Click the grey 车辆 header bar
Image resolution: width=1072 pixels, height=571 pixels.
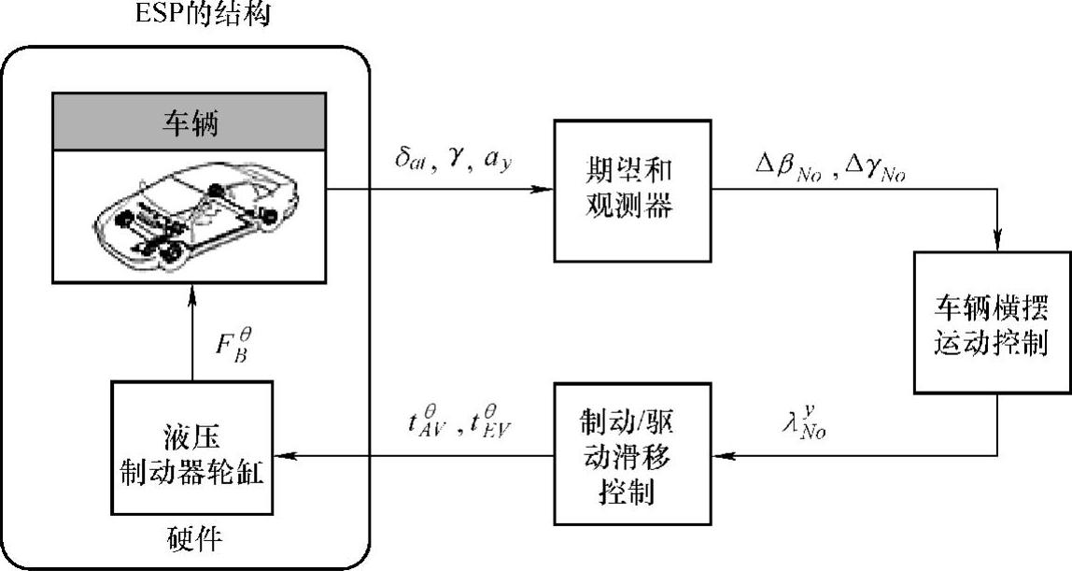[x=191, y=122]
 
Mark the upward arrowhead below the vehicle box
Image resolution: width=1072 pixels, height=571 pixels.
[x=191, y=293]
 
